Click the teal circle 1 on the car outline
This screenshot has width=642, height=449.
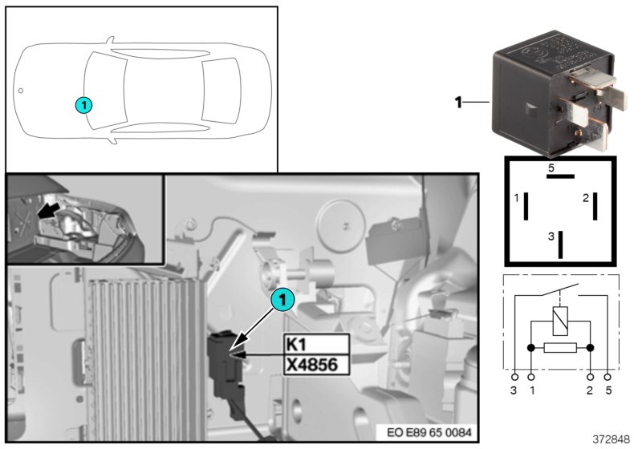point(83,103)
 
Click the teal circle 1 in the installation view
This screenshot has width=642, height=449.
point(282,300)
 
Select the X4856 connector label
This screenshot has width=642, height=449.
point(317,365)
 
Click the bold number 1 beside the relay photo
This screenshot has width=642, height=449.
point(458,103)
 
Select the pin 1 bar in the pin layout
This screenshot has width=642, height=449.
point(526,206)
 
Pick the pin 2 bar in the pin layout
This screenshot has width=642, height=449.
point(595,206)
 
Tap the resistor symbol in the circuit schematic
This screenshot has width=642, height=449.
point(559,349)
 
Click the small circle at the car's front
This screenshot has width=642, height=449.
point(22,91)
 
